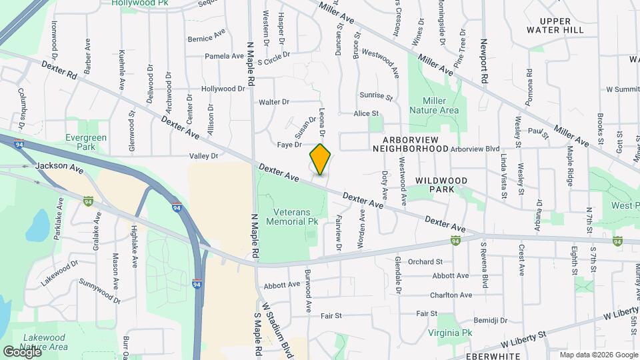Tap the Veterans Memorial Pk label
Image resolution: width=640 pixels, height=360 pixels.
point(292,216)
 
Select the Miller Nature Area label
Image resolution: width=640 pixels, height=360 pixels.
point(434,105)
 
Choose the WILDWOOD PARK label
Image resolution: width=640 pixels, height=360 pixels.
point(441,185)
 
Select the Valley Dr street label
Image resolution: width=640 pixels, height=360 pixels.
point(204,156)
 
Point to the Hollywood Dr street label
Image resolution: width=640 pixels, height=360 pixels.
point(223,89)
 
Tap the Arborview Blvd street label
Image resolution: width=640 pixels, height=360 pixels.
point(475,149)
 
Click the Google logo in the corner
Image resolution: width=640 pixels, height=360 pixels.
point(22,351)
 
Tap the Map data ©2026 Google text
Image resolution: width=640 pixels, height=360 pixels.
point(598,355)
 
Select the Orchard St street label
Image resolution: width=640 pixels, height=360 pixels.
point(425,261)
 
